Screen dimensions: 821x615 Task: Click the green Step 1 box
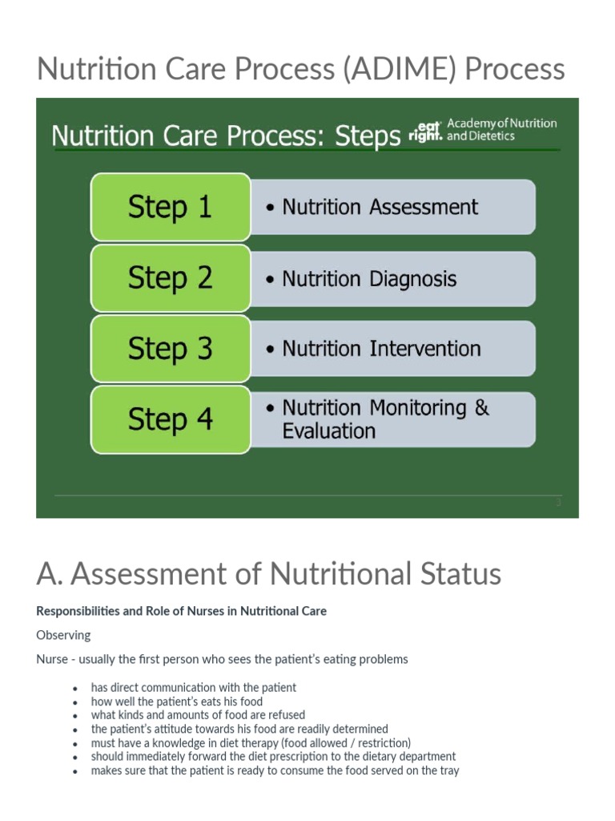tap(170, 207)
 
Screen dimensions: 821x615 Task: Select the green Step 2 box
tap(170, 277)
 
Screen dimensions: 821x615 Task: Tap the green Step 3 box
tap(170, 348)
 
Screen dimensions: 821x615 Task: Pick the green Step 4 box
tap(170, 419)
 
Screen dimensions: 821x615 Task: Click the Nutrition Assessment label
tap(380, 207)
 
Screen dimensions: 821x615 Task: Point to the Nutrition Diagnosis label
tap(369, 279)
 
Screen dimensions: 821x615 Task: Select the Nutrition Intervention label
tap(381, 349)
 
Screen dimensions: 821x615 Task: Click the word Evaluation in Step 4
tap(328, 431)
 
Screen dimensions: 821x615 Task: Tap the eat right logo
tap(425, 131)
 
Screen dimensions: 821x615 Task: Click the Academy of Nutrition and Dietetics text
tap(501, 130)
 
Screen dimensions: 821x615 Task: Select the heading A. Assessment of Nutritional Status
tap(268, 573)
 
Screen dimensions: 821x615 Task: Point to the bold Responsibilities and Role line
tap(181, 611)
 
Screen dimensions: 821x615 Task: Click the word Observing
tap(63, 635)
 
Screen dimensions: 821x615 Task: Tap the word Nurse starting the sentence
tap(53, 659)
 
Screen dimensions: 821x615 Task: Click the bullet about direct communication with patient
tap(193, 687)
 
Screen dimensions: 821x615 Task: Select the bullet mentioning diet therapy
tap(250, 742)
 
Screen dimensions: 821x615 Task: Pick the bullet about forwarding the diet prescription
tap(273, 756)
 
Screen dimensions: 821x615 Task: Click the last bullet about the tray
tap(275, 770)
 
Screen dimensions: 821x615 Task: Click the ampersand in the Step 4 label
tap(481, 407)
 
